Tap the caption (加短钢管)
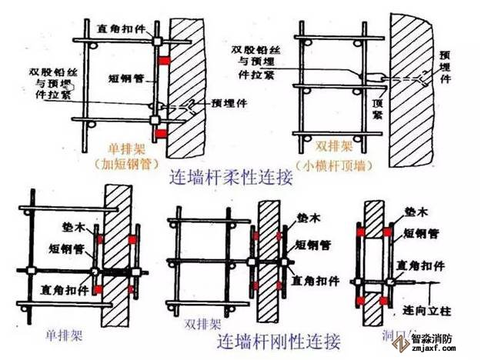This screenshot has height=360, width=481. click(x=124, y=164)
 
